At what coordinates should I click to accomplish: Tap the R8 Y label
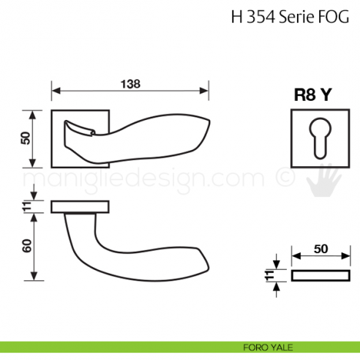tap(318, 94)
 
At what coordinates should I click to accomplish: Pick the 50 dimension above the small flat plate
tap(320, 249)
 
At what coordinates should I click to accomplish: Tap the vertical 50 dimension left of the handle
tap(26, 138)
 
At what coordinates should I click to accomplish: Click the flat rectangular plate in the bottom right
tap(320, 276)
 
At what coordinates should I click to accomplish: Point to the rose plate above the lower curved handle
tap(80, 206)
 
